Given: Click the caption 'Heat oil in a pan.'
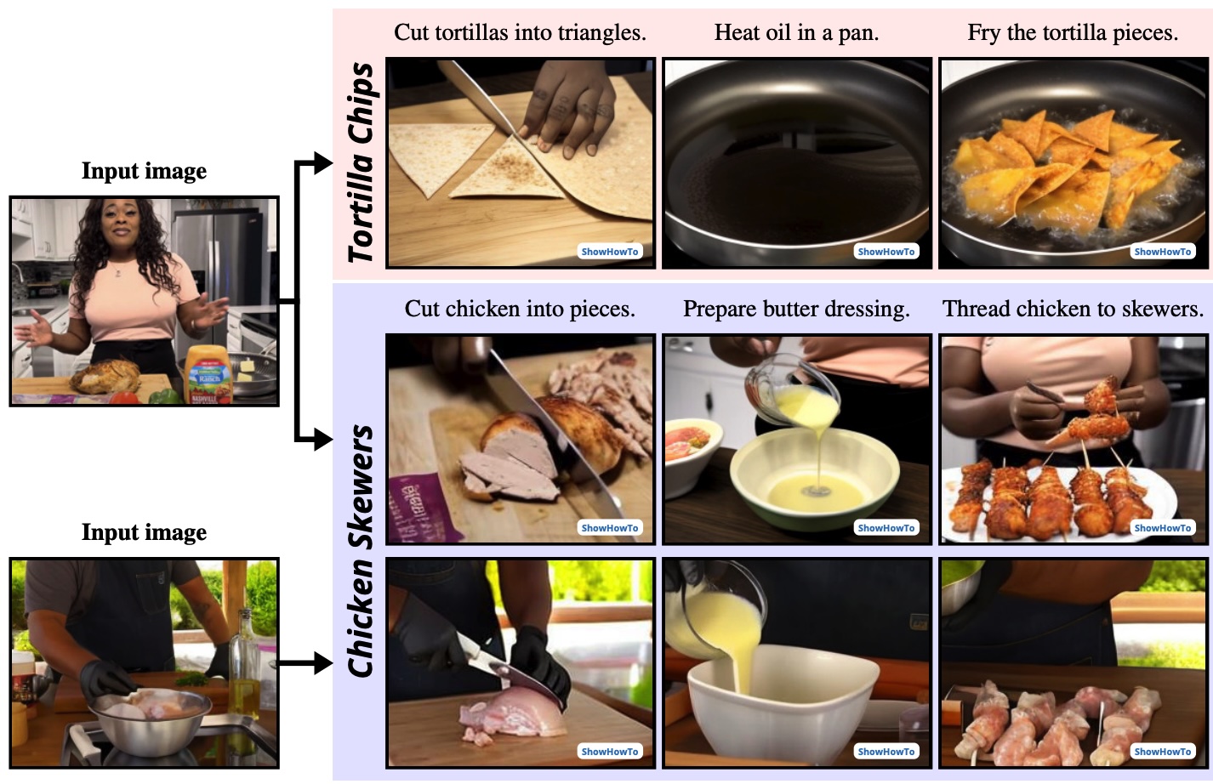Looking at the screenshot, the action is tap(796, 32).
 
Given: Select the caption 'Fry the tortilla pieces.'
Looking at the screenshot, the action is tap(1073, 32).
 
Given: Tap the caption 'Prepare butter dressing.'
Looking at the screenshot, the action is tap(796, 310).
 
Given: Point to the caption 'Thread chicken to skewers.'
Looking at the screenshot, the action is tap(1073, 310).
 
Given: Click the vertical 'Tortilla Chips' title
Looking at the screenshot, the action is tap(361, 162).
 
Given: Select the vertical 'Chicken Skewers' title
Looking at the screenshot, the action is tap(361, 551).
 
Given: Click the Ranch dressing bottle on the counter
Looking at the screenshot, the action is tap(208, 375).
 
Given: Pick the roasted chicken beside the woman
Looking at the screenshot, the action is tap(105, 375).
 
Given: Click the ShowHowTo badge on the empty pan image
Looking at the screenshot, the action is tap(886, 252).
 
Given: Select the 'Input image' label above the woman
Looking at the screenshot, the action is tap(144, 171).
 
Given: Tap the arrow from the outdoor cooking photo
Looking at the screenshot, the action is tap(305, 662).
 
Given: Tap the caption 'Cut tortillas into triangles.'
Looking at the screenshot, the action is tap(520, 32).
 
